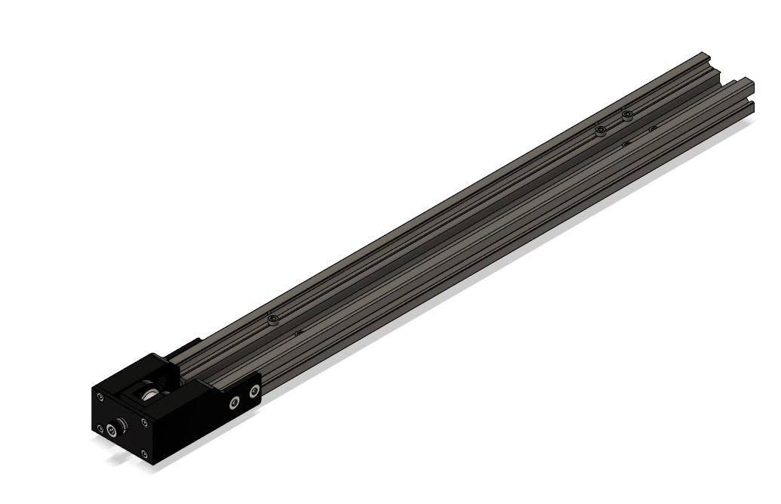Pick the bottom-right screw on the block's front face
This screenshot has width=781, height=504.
[x=143, y=453]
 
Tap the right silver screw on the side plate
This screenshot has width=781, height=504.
[x=254, y=391]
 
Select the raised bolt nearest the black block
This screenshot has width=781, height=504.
[x=273, y=320]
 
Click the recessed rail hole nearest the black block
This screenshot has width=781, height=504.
[x=299, y=332]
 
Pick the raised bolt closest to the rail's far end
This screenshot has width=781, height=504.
[x=627, y=116]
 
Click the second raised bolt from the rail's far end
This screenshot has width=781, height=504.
[x=600, y=131]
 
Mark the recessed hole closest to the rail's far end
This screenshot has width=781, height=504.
[x=652, y=129]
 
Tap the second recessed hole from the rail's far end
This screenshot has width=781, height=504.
[x=625, y=144]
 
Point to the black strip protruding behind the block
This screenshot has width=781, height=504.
[x=183, y=348]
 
